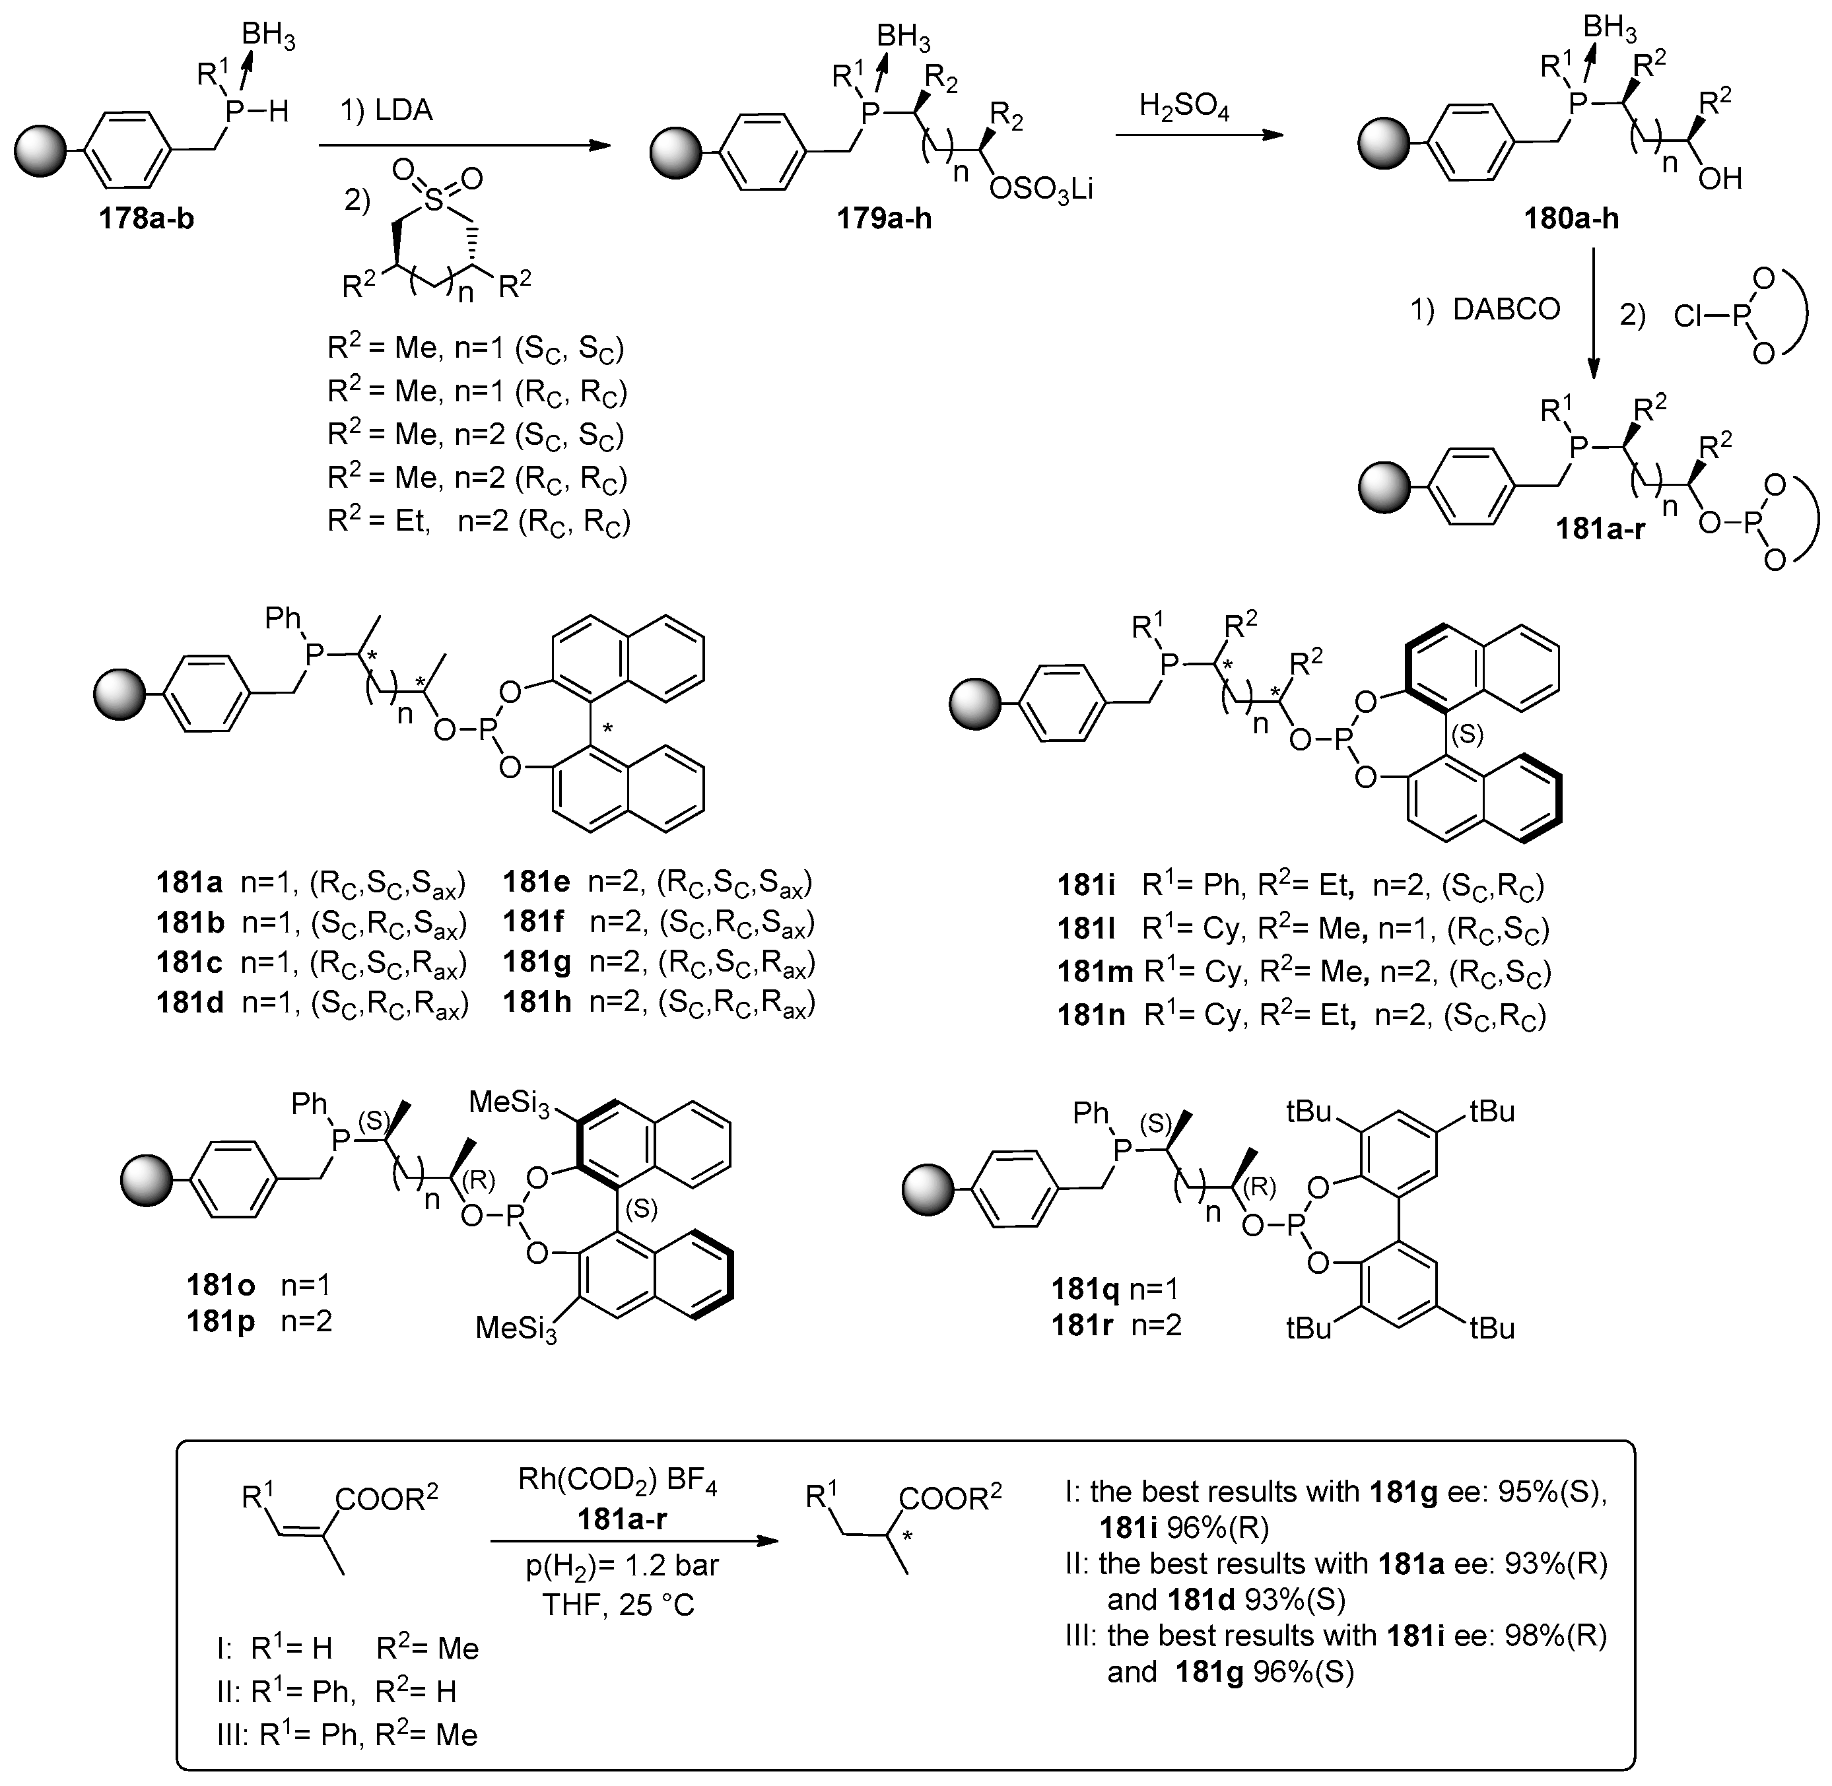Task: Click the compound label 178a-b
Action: (x=147, y=218)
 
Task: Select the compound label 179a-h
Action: (x=885, y=218)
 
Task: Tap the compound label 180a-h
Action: (x=1571, y=218)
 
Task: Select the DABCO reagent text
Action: (x=1506, y=309)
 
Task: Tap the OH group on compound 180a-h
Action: (x=1719, y=178)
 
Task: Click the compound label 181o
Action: (x=221, y=1284)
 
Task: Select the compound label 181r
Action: (x=1085, y=1325)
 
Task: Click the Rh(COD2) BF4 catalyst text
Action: (x=617, y=1480)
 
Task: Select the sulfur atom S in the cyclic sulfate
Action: (x=433, y=201)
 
